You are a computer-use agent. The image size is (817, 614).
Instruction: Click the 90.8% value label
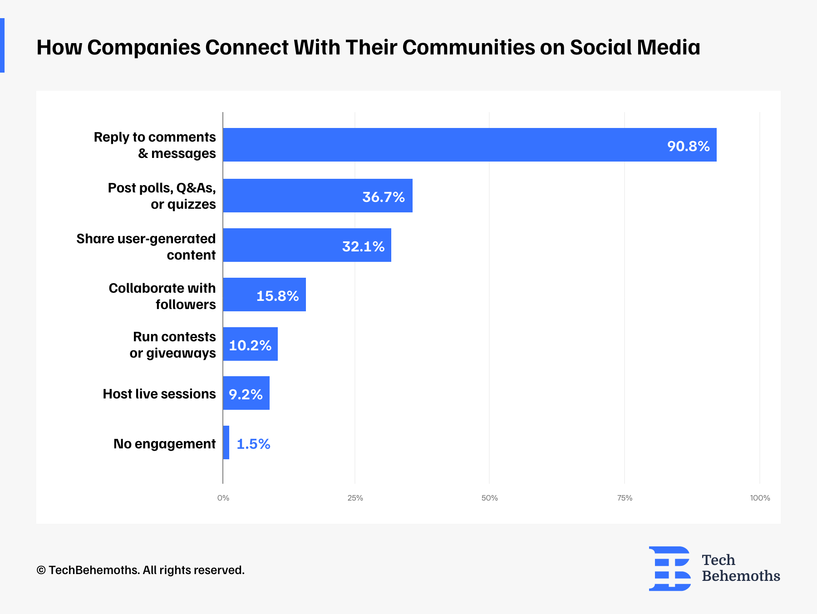tap(688, 146)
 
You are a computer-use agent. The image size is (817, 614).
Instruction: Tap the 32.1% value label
tap(363, 246)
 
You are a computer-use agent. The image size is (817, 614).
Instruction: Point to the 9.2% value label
tap(246, 394)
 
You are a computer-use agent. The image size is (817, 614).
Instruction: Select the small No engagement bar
tap(226, 442)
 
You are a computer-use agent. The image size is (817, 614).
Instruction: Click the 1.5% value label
tap(253, 444)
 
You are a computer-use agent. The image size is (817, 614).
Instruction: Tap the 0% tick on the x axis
tap(223, 498)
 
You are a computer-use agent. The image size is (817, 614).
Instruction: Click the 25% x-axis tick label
tap(355, 498)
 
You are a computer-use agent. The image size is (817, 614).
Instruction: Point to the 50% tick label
tap(489, 498)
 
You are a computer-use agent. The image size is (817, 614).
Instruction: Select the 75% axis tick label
tap(625, 498)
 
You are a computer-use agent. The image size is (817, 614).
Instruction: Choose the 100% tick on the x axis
tap(760, 498)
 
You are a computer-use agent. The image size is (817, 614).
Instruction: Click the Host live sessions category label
tap(159, 394)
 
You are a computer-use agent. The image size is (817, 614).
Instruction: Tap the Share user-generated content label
tap(146, 247)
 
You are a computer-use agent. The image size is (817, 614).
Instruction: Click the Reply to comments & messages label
tap(155, 145)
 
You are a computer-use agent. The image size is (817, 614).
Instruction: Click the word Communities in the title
tap(468, 47)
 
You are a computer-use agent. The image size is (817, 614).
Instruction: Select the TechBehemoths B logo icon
tap(669, 568)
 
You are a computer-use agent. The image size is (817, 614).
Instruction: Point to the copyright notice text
tap(141, 570)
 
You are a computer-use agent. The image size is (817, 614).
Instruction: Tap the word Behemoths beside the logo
tap(741, 576)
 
